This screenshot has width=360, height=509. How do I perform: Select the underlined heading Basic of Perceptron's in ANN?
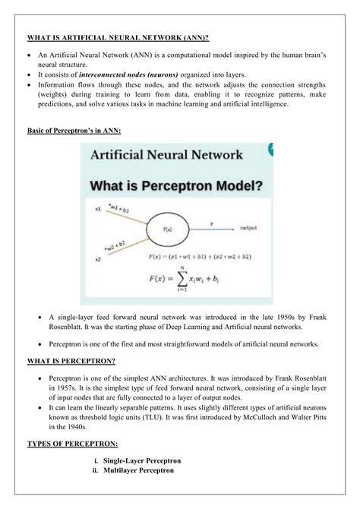coord(74,131)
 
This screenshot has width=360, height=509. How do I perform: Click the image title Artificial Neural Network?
coord(167,155)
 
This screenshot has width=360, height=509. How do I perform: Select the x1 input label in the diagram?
coord(98,208)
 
